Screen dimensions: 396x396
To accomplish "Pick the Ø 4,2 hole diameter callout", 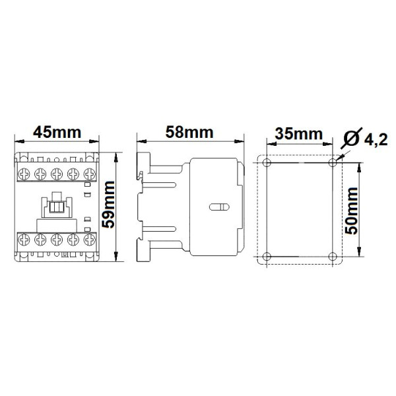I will click(x=367, y=139).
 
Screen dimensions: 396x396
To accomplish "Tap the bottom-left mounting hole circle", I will click(x=266, y=257).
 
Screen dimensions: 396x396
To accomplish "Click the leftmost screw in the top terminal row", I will click(x=24, y=173).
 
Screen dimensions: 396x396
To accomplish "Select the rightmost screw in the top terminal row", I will click(x=88, y=173).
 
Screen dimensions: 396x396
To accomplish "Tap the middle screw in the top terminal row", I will click(x=56, y=173).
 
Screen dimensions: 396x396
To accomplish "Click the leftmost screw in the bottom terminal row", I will click(x=24, y=238).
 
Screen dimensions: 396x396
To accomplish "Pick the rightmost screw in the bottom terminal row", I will click(x=88, y=238).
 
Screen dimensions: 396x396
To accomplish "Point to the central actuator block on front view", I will click(x=56, y=207).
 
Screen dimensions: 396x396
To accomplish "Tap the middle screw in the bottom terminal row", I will click(x=56, y=238).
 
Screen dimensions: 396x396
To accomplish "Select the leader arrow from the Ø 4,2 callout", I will click(x=341, y=154).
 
